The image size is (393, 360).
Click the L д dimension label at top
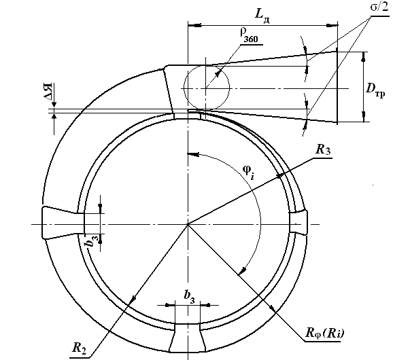point(262,16)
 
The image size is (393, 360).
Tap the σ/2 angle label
point(379,7)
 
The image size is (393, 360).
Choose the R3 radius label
point(323,150)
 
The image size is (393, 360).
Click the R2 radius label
point(79,348)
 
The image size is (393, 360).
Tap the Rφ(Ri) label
point(325,334)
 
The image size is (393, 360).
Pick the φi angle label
point(249,172)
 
